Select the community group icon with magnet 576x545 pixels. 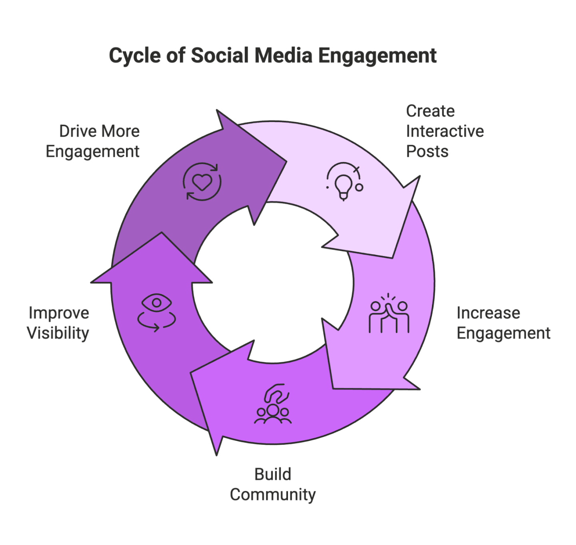(x=274, y=404)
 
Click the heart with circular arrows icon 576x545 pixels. (x=202, y=181)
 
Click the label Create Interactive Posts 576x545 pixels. (x=444, y=131)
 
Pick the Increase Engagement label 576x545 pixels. (x=503, y=323)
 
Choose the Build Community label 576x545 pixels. (x=273, y=484)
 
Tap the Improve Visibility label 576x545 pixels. (x=58, y=323)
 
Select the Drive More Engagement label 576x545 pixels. (x=93, y=141)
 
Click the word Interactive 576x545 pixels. (x=445, y=131)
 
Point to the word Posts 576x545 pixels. (x=427, y=151)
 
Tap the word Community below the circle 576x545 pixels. (x=273, y=495)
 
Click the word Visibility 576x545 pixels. (x=58, y=333)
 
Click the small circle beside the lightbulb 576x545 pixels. (x=359, y=187)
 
